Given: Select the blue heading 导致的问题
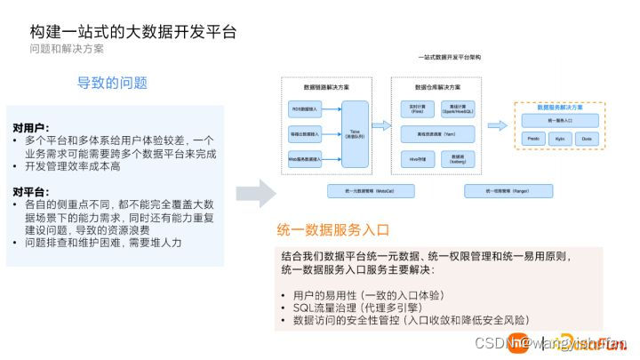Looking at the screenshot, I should point(112,83).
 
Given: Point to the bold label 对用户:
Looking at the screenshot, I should point(32,128).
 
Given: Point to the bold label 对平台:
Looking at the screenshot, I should point(32,192).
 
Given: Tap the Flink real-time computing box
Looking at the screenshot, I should point(416,108).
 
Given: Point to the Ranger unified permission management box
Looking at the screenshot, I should point(508,191).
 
